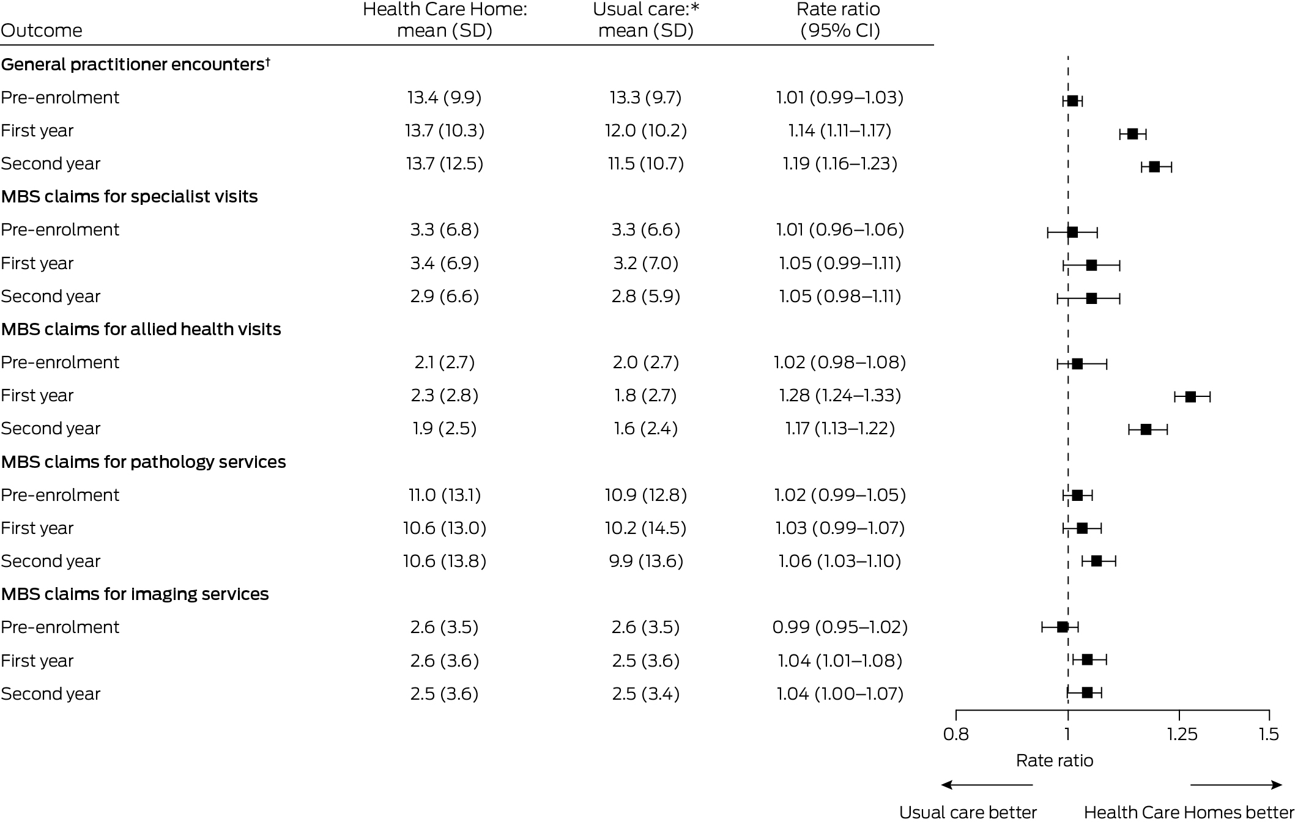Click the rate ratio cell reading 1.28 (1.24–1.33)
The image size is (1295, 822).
point(840,396)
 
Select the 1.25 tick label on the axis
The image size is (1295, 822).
point(1182,734)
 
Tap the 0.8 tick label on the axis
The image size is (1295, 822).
point(956,734)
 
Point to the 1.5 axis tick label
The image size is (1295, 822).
point(1269,734)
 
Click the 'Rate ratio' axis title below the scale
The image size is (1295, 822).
point(1055,760)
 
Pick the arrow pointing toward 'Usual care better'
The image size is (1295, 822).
point(987,785)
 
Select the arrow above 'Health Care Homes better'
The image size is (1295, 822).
point(1236,785)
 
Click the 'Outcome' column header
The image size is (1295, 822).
point(42,31)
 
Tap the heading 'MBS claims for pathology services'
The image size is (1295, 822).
point(143,462)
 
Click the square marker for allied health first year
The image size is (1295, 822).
point(1190,396)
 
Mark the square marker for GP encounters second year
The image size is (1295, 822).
point(1154,167)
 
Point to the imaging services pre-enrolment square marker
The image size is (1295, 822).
point(1063,627)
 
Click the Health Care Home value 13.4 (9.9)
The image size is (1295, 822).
point(445,98)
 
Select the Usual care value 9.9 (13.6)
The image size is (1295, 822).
point(646,561)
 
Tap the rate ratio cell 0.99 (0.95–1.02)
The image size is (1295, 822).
point(840,628)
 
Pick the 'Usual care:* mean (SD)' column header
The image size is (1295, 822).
point(646,20)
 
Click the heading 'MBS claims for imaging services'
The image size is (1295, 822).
point(135,594)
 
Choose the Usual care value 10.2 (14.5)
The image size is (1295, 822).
point(646,528)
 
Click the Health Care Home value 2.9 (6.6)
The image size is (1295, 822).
point(445,297)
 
